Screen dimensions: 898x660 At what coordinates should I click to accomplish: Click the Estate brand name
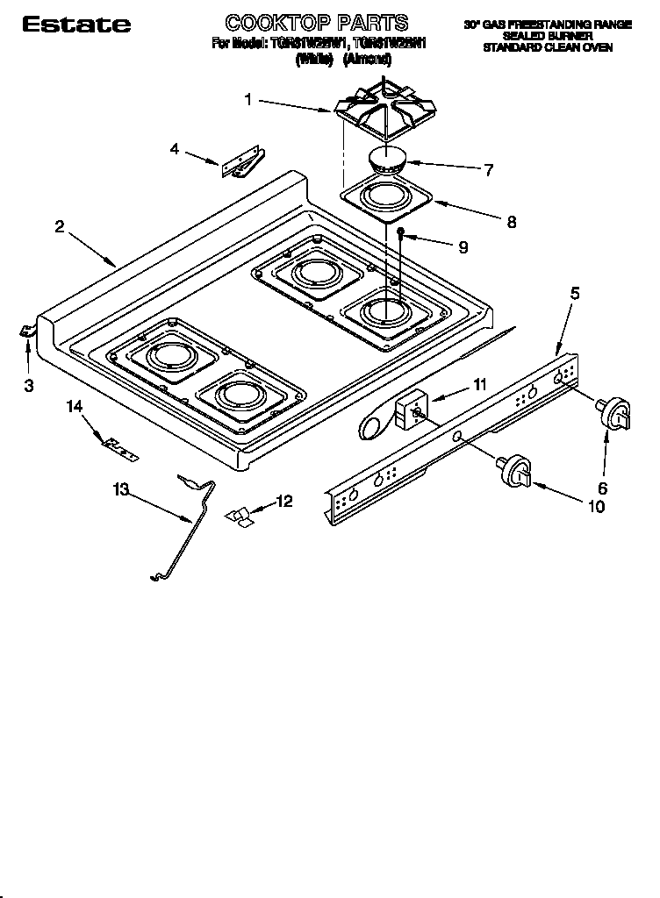tap(75, 25)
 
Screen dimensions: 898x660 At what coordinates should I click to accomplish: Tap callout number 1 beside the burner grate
tap(247, 100)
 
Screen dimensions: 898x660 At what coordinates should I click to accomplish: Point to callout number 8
tap(511, 223)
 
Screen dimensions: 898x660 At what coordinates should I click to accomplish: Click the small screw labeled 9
tap(400, 232)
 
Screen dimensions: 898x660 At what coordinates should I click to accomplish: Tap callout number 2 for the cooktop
tap(59, 226)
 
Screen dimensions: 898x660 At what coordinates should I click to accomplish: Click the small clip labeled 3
tap(25, 329)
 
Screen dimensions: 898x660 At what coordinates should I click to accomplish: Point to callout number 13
tap(120, 491)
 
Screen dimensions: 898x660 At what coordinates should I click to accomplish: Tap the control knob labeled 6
tap(616, 413)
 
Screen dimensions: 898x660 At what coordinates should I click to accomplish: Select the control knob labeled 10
tap(515, 471)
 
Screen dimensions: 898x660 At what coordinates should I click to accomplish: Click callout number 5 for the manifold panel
tap(574, 294)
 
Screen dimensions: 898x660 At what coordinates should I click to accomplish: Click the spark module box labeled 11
tap(410, 409)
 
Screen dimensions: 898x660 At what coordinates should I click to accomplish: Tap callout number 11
tap(478, 383)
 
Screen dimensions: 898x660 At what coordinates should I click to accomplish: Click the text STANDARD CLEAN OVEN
tap(547, 47)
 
